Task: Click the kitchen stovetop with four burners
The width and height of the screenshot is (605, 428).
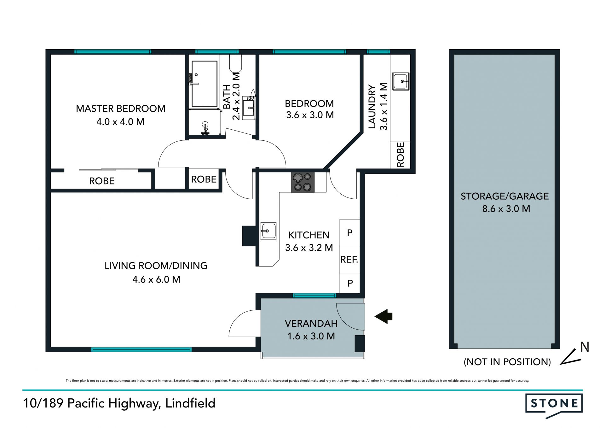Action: (x=302, y=182)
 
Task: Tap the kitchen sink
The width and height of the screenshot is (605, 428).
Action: (x=268, y=231)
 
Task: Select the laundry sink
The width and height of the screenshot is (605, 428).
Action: (x=401, y=81)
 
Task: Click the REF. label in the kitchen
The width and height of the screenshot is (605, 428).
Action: (x=349, y=260)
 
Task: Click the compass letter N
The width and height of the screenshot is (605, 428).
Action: (x=585, y=347)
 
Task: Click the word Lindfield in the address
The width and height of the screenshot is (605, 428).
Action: (x=190, y=403)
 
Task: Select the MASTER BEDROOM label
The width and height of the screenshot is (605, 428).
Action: (x=121, y=108)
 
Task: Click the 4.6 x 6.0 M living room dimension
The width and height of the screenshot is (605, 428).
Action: (x=156, y=279)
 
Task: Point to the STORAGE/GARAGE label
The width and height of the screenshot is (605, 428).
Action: (x=505, y=196)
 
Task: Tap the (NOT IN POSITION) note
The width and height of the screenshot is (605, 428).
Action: (x=507, y=362)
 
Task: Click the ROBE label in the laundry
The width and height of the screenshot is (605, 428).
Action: (x=400, y=155)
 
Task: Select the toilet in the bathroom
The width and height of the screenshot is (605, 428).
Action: (x=235, y=63)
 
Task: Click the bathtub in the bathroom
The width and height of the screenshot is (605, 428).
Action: (x=204, y=84)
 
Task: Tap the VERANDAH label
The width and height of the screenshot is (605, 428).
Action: (x=311, y=323)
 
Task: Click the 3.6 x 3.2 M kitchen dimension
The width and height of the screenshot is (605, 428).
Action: (x=309, y=248)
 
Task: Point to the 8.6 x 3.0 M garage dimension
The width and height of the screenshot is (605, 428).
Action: (x=506, y=208)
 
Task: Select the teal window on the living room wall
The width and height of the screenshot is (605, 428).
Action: (x=141, y=349)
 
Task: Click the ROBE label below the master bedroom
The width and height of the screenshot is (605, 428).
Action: (x=102, y=181)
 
